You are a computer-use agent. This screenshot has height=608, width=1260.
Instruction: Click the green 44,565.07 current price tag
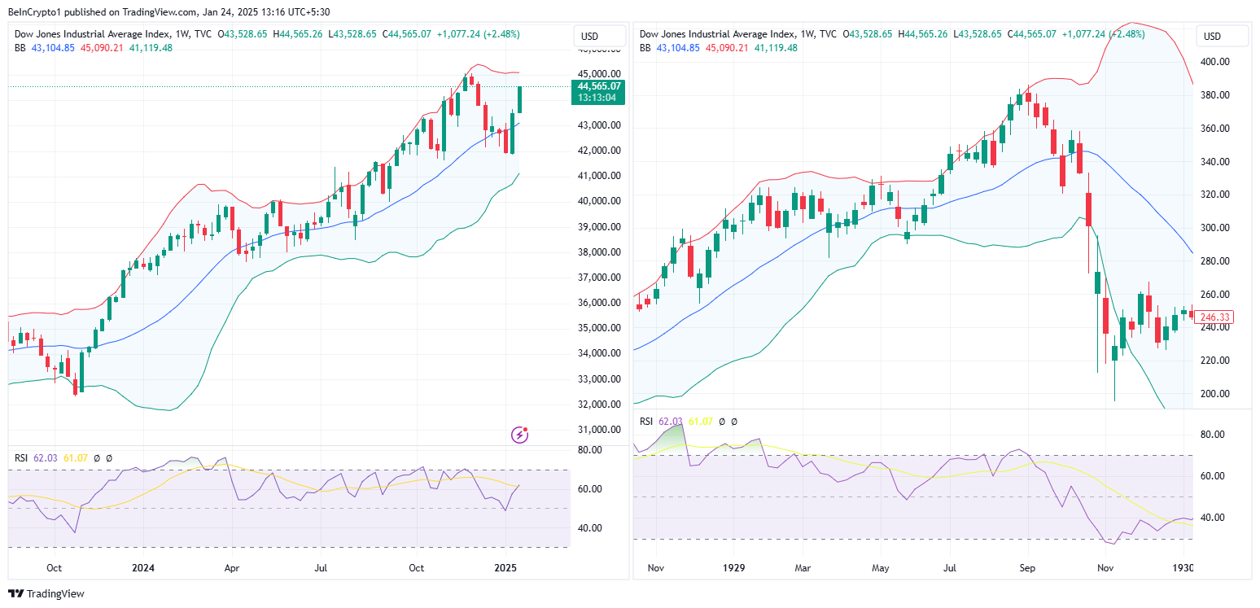[599, 85]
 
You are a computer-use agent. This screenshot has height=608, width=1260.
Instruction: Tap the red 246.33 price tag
[1213, 317]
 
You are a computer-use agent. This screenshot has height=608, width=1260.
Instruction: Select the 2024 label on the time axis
[143, 567]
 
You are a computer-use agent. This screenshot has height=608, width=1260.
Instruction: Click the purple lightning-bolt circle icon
[519, 435]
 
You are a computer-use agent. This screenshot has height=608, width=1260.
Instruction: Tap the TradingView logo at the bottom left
[46, 594]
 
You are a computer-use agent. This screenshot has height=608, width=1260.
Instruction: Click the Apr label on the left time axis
[232, 567]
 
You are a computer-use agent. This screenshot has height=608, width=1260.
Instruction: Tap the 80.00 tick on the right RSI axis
[1213, 435]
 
